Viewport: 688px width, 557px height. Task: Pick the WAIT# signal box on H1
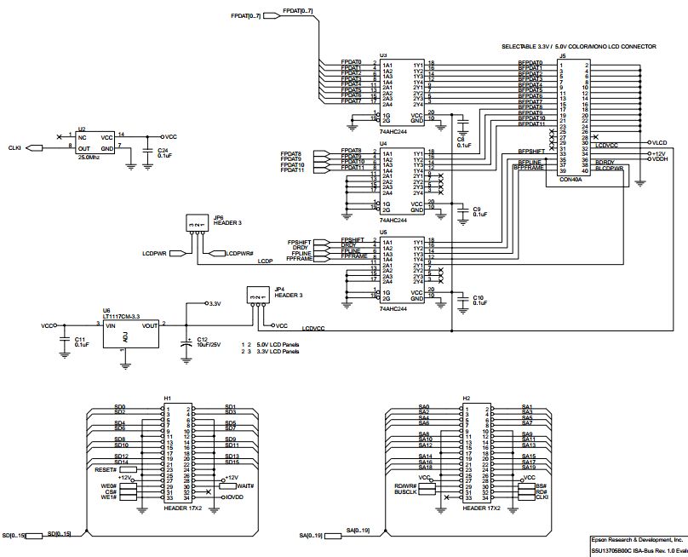(x=235, y=485)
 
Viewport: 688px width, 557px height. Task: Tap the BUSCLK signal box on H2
(x=405, y=492)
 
